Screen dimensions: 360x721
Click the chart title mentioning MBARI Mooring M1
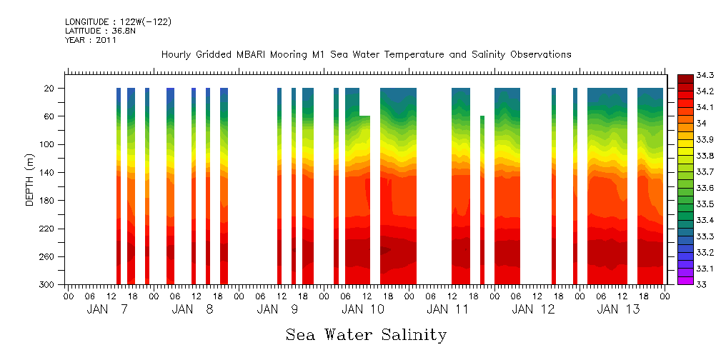(366, 54)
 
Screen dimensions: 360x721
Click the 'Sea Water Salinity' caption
(366, 334)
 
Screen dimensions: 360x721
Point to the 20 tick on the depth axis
(50, 89)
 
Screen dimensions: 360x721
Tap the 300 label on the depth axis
(48, 285)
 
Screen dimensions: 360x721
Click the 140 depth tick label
(48, 173)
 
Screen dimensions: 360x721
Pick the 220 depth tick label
(48, 229)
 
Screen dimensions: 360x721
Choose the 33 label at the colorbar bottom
(700, 284)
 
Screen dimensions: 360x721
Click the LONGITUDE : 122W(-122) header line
(118, 22)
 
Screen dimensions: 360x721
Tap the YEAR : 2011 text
(91, 40)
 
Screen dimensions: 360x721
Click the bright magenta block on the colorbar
(685, 280)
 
